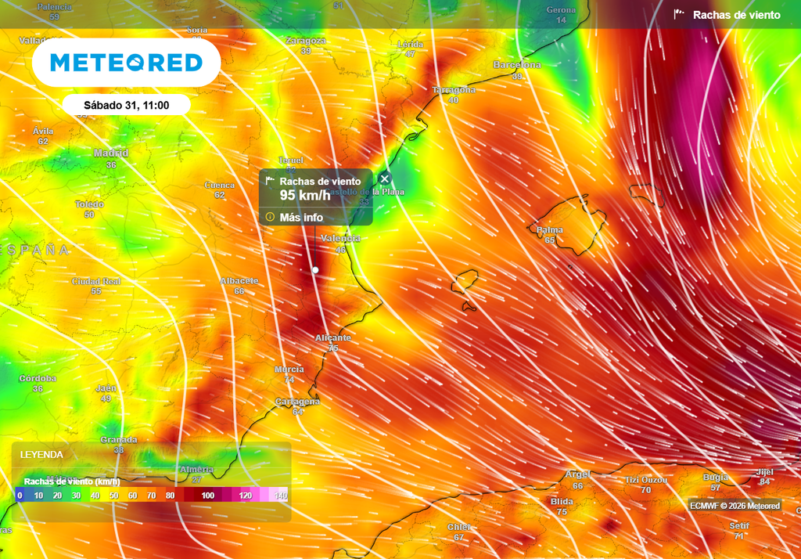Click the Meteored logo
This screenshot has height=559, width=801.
[126, 63]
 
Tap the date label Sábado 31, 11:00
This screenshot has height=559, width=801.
[126, 105]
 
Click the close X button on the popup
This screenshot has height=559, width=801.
[384, 179]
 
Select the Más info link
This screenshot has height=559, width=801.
[301, 217]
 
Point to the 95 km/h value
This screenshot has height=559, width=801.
[298, 195]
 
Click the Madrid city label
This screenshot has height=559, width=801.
[111, 153]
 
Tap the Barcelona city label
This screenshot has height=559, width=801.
[517, 65]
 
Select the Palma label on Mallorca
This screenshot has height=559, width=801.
[550, 230]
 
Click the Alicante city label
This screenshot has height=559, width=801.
[333, 337]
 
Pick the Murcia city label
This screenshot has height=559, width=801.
[289, 370]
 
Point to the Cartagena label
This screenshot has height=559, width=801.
[297, 402]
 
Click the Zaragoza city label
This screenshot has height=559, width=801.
[305, 41]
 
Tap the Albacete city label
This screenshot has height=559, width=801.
[239, 280]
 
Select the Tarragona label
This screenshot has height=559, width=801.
[454, 90]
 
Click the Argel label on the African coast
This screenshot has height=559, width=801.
[578, 474]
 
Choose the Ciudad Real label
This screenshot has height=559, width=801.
[96, 281]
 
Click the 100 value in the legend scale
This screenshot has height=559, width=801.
[207, 496]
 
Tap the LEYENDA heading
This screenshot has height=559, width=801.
[41, 454]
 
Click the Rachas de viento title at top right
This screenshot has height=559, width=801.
[736, 15]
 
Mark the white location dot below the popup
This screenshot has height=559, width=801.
[315, 269]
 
